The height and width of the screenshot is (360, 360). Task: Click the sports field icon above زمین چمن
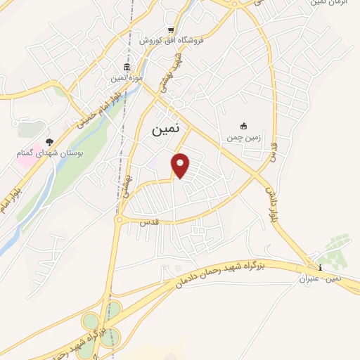(x=244, y=126)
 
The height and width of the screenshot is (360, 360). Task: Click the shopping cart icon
(x=171, y=30)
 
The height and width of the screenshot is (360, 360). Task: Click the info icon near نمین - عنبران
(x=320, y=268)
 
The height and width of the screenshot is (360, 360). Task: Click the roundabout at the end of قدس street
(x=120, y=220)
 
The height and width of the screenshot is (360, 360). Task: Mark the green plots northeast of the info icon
(x=335, y=250)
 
